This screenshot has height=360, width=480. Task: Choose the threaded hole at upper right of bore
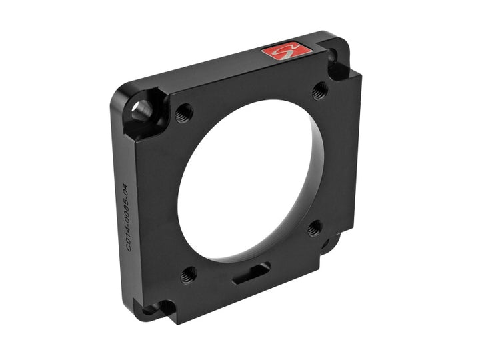[x=319, y=88]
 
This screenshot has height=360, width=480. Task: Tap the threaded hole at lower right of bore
[x=314, y=228]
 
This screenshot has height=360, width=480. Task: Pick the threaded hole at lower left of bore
[x=189, y=273]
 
